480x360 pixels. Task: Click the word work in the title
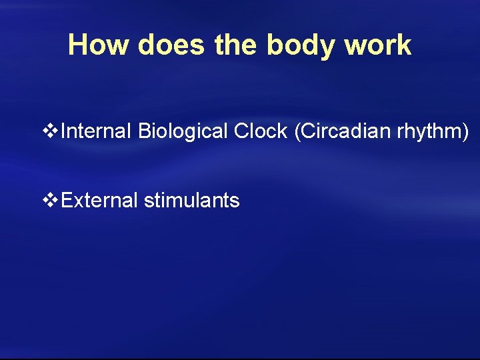[x=378, y=45]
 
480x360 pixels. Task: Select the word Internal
[x=97, y=131]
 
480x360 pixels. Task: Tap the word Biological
[x=183, y=131]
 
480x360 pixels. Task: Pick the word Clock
[x=261, y=131]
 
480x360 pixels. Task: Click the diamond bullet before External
[x=51, y=199]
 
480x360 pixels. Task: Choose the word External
[x=99, y=199]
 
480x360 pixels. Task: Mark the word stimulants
[x=192, y=199]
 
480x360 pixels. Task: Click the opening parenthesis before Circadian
[x=297, y=132]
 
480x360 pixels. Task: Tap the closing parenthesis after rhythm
[x=465, y=132]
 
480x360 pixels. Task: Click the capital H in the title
[x=78, y=45]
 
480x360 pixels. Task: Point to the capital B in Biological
[x=144, y=131]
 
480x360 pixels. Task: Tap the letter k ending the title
[x=404, y=45]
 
